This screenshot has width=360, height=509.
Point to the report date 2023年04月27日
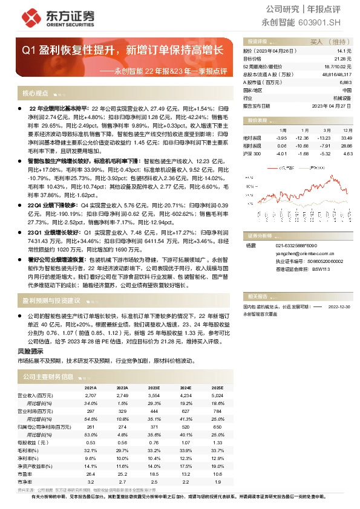[x=331, y=105]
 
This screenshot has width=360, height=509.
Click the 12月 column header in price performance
[x=347, y=130]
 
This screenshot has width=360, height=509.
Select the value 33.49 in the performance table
[x=345, y=138]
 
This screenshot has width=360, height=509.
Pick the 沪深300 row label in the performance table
[x=252, y=154]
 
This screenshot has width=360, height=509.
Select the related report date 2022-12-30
[x=339, y=307]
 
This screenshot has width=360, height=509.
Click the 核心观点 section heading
[x=35, y=94]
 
